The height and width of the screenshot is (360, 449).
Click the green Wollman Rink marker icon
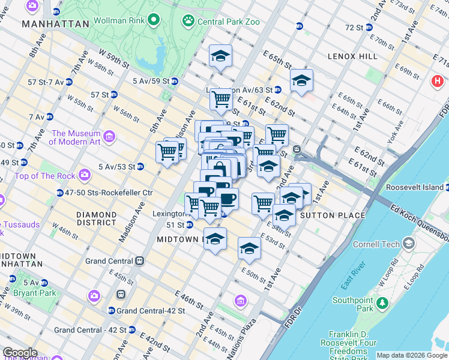click(154, 21)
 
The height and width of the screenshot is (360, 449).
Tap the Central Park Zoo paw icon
click(189, 21)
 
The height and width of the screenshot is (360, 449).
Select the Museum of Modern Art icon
click(109, 137)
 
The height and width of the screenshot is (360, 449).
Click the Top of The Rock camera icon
click(84, 176)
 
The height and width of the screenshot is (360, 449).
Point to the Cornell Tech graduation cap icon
click(409, 244)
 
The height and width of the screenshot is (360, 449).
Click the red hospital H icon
click(436, 81)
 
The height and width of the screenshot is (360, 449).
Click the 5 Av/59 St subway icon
click(174, 81)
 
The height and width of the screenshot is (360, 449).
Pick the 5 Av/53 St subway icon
click(140, 166)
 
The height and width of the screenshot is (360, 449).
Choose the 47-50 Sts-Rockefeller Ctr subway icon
click(60, 193)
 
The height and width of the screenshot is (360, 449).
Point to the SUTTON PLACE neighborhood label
click(332, 215)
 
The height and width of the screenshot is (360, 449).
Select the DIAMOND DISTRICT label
click(97, 218)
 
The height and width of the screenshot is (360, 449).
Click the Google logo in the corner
click(20, 353)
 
